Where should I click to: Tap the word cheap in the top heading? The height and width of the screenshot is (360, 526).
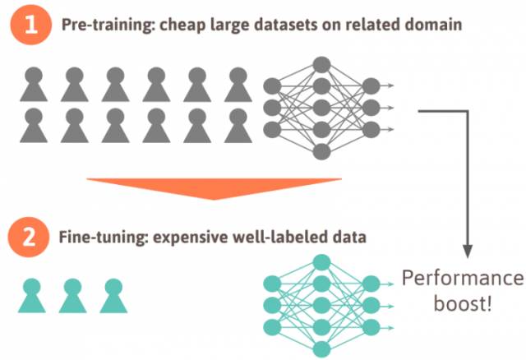(x=185, y=25)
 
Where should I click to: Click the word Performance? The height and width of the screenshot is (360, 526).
(x=462, y=278)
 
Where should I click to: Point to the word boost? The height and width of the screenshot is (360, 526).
(x=462, y=303)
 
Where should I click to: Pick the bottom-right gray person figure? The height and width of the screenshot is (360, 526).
(x=238, y=125)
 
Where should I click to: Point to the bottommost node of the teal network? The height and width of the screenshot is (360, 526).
(x=321, y=348)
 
